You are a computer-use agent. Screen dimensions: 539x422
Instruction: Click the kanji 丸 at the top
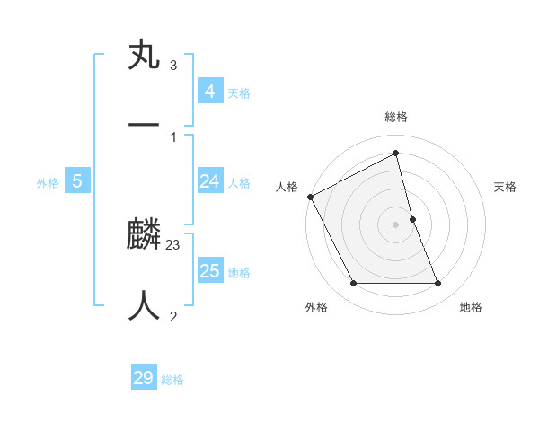point(145,56)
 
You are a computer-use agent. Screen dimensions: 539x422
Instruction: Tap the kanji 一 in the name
point(145,124)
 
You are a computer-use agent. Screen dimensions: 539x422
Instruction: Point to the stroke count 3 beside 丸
point(172,66)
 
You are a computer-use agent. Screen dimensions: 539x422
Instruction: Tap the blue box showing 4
point(209,92)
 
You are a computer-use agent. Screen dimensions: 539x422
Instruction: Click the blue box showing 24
point(209,181)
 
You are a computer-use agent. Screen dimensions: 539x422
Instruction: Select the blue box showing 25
point(209,271)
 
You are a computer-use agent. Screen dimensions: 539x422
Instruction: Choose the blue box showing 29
point(144,378)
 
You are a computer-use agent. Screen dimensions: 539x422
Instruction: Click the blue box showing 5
point(77,181)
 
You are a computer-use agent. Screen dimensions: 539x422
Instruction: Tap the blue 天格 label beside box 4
point(239,93)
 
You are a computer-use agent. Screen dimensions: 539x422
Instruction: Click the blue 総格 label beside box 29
point(172,380)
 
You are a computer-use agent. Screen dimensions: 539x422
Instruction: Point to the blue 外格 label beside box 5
point(48,183)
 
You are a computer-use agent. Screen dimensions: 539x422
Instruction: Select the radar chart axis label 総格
point(396,117)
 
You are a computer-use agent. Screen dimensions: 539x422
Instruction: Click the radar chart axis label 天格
point(506,187)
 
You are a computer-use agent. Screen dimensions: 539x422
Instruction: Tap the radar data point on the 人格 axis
point(310,197)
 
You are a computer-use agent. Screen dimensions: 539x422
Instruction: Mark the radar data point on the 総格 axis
point(396,153)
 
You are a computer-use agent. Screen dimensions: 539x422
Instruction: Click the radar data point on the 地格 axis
point(438,284)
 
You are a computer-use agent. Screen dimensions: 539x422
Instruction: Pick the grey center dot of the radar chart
point(396,224)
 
